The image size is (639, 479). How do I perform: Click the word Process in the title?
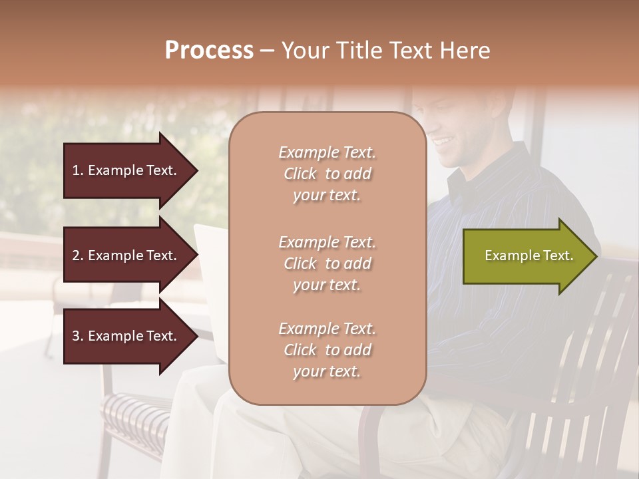click(x=209, y=51)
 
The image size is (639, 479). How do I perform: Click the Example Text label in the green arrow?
click(x=529, y=255)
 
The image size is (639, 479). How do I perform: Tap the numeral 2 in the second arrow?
click(x=76, y=255)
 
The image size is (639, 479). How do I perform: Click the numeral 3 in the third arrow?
click(x=76, y=336)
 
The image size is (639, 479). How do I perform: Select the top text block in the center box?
click(x=327, y=174)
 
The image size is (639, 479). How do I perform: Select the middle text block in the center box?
click(x=327, y=263)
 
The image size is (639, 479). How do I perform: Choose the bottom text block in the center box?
click(x=327, y=350)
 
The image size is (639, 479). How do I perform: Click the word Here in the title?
click(x=464, y=51)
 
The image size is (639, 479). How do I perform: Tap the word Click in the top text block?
click(x=300, y=174)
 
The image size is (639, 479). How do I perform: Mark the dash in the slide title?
click(x=267, y=51)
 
